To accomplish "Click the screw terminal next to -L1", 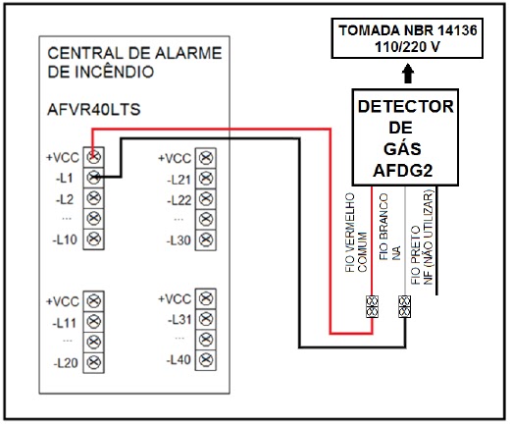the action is point(94,178).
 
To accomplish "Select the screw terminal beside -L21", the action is point(206,179).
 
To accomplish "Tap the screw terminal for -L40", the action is point(206,360).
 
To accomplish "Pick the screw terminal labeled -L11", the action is point(94,322).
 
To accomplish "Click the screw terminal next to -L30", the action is point(206,240).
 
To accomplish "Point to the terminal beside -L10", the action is point(94,239).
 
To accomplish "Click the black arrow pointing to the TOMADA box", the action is point(408,74).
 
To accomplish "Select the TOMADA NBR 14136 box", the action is point(407,38).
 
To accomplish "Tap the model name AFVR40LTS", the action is point(94,109).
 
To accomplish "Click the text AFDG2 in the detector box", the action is point(403,170).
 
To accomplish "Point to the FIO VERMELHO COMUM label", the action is point(356,233).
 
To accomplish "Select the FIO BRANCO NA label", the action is point(389,227).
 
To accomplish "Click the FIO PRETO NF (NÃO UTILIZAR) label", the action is point(422,238).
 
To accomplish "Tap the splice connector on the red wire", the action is point(372,306).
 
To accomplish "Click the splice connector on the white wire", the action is point(405,306).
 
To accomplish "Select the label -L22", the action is point(179,200).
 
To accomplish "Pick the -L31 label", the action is point(179,319).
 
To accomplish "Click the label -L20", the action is point(66,363).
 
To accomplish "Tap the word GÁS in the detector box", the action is point(402,148).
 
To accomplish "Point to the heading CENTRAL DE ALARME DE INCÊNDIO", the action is point(134,62).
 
